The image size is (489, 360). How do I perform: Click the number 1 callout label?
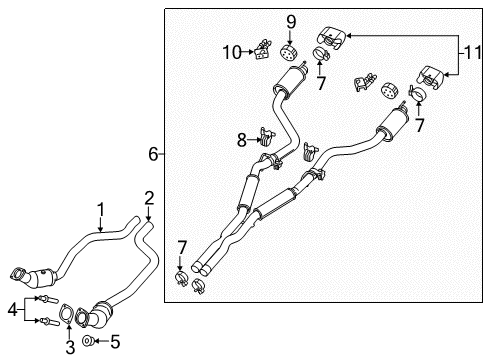click(x=100, y=208)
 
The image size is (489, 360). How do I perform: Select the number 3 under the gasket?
click(x=69, y=346)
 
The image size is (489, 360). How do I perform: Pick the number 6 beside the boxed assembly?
click(x=153, y=153)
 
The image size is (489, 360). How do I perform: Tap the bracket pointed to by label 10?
click(x=265, y=46)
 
